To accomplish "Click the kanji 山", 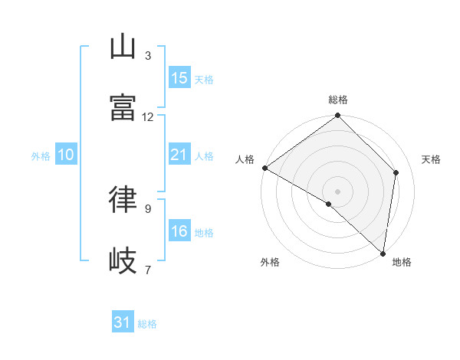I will pyautogui.click(x=123, y=47).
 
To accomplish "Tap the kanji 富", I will pyautogui.click(x=123, y=109).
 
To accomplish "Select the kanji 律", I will pyautogui.click(x=123, y=200).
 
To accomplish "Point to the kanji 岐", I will pyautogui.click(x=123, y=261).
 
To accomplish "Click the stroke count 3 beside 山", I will pyautogui.click(x=148, y=56).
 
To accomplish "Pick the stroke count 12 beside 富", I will pyautogui.click(x=148, y=117).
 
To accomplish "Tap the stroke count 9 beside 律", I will pyautogui.click(x=148, y=208).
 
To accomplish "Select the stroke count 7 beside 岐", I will pyautogui.click(x=148, y=270).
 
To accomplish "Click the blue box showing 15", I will pyautogui.click(x=179, y=78).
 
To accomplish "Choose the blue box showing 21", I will pyautogui.click(x=179, y=155).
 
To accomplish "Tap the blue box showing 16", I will pyautogui.click(x=179, y=231).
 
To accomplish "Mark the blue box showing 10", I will pyautogui.click(x=66, y=155).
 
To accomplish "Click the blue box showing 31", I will pyautogui.click(x=123, y=323).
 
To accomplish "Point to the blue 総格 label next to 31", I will pyautogui.click(x=147, y=324).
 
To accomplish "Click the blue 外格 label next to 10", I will pyautogui.click(x=41, y=155).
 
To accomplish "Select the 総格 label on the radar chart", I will pyautogui.click(x=338, y=100).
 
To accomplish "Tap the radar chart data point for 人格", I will pyautogui.click(x=264, y=168).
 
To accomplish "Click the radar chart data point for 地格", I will pyautogui.click(x=383, y=253).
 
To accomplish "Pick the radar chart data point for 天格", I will pyautogui.click(x=396, y=172).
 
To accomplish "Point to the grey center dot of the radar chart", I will pyautogui.click(x=338, y=191).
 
